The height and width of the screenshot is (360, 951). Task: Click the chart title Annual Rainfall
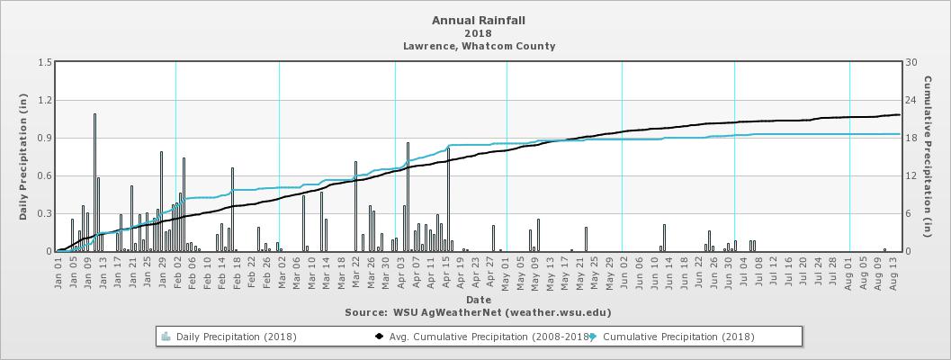tap(478, 20)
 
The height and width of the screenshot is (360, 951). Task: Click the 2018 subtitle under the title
tap(478, 33)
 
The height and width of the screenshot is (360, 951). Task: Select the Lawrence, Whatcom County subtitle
tap(478, 46)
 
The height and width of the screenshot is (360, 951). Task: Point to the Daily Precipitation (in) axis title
tap(23, 157)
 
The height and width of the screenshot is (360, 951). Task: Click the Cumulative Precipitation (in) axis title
tap(938, 157)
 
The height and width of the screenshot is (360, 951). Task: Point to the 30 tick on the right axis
tap(911, 62)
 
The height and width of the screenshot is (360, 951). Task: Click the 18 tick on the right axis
tap(911, 138)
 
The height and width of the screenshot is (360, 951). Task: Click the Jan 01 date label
tap(58, 272)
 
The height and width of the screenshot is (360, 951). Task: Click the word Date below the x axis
tap(478, 299)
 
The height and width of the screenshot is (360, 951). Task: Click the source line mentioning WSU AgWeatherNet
tap(478, 312)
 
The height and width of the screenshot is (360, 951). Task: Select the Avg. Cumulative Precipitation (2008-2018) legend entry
tap(481, 337)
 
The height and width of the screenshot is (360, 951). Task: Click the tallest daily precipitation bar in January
tap(94, 180)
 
